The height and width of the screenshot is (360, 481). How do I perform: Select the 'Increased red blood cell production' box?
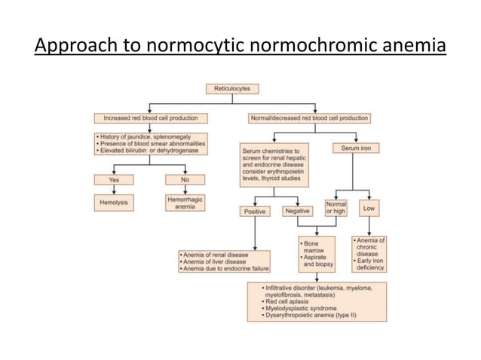pos(146,118)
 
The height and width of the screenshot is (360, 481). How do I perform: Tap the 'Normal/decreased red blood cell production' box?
pos(308,118)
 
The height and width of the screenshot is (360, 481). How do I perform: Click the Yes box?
pos(115,180)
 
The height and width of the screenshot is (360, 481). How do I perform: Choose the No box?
pos(185,180)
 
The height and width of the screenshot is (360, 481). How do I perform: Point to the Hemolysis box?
pos(115,203)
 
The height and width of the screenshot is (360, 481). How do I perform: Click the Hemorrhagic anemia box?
pos(185,203)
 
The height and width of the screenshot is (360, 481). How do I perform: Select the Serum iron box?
pos(355,148)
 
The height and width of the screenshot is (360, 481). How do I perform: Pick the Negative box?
pos(298,211)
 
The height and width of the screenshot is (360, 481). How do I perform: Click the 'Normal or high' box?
pos(335,207)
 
